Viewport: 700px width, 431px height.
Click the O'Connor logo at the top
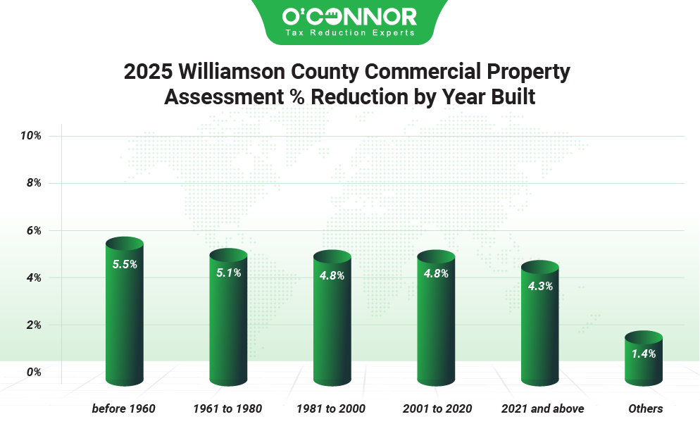click(x=349, y=15)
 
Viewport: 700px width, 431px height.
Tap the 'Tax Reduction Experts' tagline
click(x=349, y=33)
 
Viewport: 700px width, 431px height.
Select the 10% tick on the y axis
click(x=30, y=135)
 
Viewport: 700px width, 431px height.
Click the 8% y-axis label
click(x=32, y=182)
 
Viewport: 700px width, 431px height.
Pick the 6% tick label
click(x=32, y=230)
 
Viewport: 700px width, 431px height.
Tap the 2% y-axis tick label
click(x=32, y=325)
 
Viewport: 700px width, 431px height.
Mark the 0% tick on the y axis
click(x=32, y=372)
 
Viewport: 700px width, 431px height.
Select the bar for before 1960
click(x=124, y=317)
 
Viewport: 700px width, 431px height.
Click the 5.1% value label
click(x=229, y=273)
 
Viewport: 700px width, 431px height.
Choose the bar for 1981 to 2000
click(x=332, y=324)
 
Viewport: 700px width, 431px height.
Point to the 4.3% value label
click(x=540, y=286)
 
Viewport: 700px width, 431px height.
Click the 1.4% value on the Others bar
click(x=644, y=354)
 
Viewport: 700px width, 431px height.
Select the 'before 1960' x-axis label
click(x=124, y=408)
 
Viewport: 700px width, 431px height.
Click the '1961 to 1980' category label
click(x=228, y=408)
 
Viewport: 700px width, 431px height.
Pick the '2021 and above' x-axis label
click(x=542, y=408)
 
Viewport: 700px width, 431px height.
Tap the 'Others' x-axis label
click(x=645, y=408)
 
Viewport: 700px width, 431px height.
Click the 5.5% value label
click(x=125, y=264)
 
